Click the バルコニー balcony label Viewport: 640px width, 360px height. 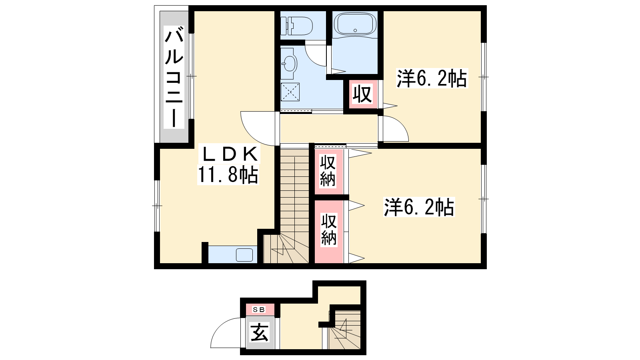[x=174, y=77]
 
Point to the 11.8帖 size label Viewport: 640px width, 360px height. [x=228, y=174]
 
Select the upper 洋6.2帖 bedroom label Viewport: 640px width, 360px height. [x=432, y=78]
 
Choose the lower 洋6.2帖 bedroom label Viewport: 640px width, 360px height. [x=419, y=207]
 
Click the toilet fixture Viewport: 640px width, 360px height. [x=296, y=26]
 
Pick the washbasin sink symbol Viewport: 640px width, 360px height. [x=289, y=64]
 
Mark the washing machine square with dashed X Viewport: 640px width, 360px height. [x=290, y=92]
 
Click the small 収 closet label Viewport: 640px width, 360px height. [x=362, y=94]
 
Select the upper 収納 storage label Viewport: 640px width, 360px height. [x=328, y=171]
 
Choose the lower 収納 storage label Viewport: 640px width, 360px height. [x=329, y=229]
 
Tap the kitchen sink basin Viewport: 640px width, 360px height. [x=244, y=255]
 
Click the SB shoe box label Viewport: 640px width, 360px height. [x=259, y=310]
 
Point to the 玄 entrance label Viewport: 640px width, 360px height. [x=260, y=332]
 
